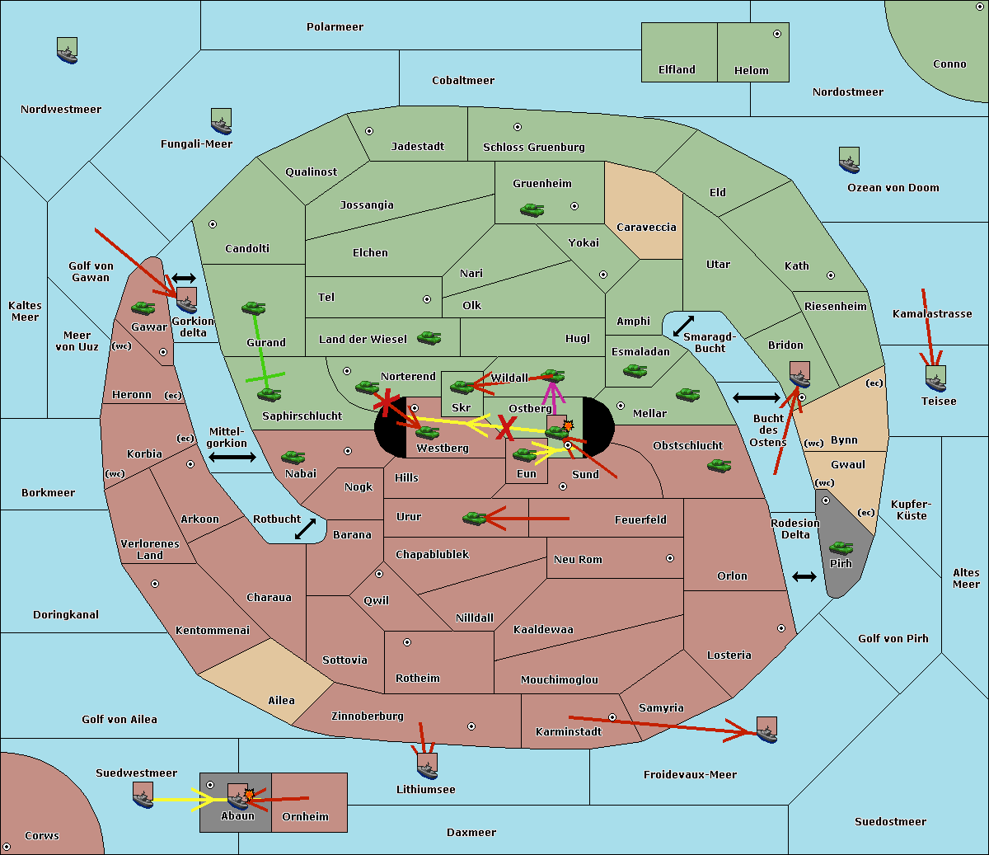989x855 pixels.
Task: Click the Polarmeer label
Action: tap(335, 27)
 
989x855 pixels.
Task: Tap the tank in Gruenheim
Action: tap(532, 210)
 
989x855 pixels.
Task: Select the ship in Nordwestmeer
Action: tap(67, 50)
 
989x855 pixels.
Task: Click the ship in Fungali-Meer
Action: tap(221, 121)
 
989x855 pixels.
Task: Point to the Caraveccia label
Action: tap(646, 227)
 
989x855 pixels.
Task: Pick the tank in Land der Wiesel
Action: tap(429, 338)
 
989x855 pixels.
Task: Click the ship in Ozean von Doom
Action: tap(849, 160)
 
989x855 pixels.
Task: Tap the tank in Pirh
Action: tap(841, 547)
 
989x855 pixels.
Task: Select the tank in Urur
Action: tap(474, 518)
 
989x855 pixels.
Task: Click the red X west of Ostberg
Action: tap(506, 427)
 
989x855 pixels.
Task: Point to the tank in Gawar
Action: tap(143, 308)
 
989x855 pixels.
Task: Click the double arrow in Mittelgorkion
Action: tap(232, 457)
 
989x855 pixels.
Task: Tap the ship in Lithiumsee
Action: tap(427, 767)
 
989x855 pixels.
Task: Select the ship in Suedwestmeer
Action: tap(143, 795)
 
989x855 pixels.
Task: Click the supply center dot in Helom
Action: tap(777, 34)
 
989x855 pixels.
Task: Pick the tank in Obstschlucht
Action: tap(719, 465)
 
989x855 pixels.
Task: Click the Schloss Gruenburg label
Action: tap(533, 147)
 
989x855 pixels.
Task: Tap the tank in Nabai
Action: tap(293, 457)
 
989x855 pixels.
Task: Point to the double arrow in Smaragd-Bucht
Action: tap(683, 326)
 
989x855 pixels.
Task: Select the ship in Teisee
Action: tap(935, 378)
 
